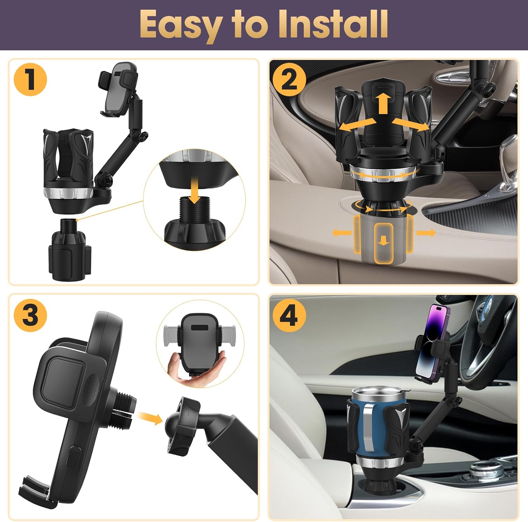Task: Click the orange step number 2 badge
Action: click(289, 80)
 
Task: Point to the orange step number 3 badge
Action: click(30, 314)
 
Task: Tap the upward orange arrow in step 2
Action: click(383, 103)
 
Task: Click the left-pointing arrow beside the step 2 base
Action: click(342, 232)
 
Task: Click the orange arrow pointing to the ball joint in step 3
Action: click(149, 417)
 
